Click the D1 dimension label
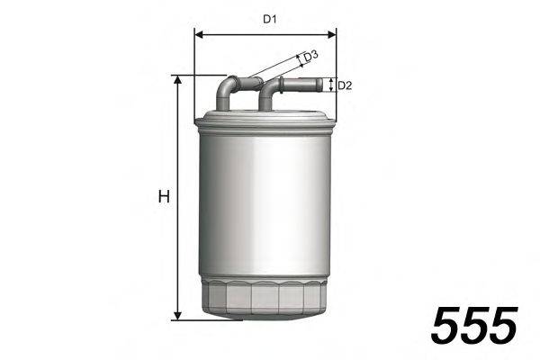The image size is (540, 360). coord(268,18)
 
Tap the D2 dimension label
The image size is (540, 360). coord(345,86)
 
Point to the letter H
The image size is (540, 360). coord(164,197)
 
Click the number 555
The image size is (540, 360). coord(474,325)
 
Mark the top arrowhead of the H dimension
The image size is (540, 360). coord(178,80)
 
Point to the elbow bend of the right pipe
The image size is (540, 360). coord(268,89)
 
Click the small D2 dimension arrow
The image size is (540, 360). coord(331,85)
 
